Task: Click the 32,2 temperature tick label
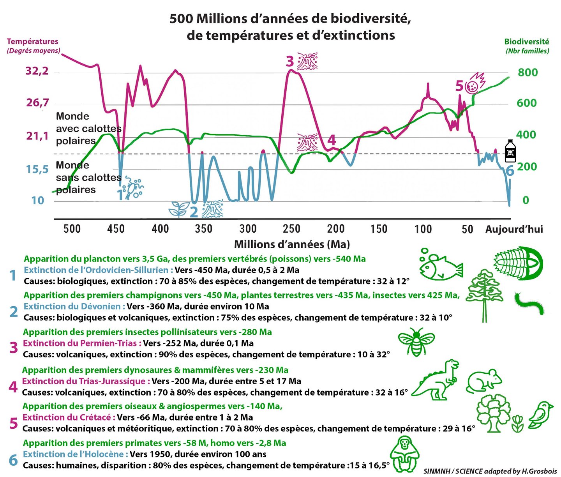click(37, 71)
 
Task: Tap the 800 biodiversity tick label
click(527, 72)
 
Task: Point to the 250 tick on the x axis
click(291, 229)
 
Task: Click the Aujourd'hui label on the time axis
click(514, 229)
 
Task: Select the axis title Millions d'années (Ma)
click(292, 244)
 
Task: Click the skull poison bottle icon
click(510, 151)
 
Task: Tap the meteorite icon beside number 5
click(475, 83)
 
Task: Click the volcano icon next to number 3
click(307, 62)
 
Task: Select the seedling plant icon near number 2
click(178, 209)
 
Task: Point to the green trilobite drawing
click(519, 263)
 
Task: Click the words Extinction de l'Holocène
click(76, 454)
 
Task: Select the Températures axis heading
click(32, 42)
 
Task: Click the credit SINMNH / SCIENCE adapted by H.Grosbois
click(490, 471)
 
